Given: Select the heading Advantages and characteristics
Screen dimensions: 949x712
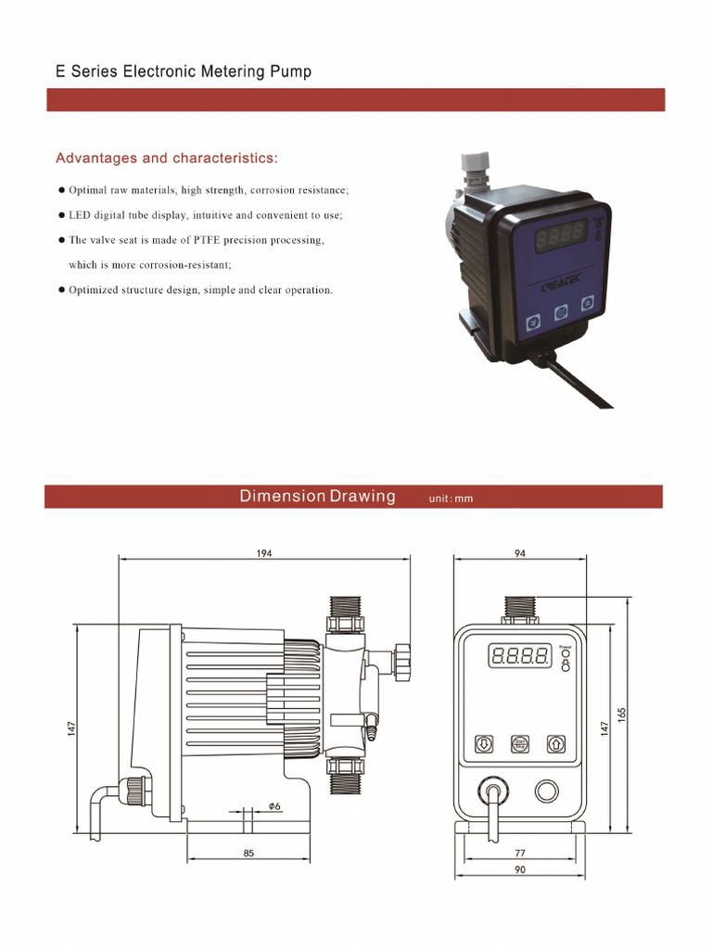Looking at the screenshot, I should pos(167,158).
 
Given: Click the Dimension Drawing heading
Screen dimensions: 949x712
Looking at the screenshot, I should pos(317,496).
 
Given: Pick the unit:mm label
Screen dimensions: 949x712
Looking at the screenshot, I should pos(451,499).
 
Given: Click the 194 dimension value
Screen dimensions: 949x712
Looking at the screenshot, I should pos(266,552).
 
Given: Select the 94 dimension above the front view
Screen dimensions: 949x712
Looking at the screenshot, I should pos(519,552).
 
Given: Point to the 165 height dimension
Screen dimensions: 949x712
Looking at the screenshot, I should pos(622,716).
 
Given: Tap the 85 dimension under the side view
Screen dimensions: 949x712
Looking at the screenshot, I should pos(248,853).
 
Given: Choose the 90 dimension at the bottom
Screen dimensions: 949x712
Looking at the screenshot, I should pos(519,869).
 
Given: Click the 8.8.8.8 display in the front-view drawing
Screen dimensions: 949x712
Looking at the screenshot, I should pos(519,657).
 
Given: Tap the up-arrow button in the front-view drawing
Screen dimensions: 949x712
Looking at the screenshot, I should pos(555,743).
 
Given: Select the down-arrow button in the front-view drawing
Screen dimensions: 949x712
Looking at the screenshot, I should pos(483,743).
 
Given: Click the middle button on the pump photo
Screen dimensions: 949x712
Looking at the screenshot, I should pos(560,313).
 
